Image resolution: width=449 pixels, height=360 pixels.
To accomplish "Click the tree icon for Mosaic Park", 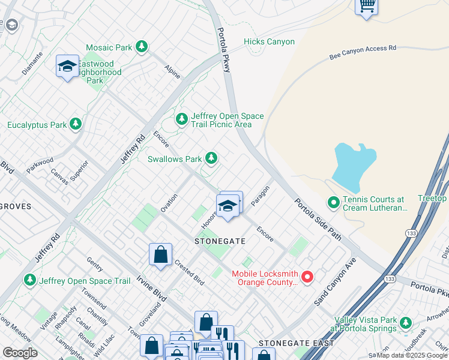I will pos(142,46).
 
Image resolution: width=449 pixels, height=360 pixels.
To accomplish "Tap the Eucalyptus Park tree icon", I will pos(75,124).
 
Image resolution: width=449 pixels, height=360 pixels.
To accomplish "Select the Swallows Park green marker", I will pos(211,158).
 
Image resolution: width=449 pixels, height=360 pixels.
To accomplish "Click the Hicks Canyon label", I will pos(269,42).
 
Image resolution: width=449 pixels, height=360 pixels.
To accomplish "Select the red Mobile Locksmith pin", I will pos(307,277).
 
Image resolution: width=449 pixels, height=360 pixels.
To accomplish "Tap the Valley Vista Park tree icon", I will pos(406,323).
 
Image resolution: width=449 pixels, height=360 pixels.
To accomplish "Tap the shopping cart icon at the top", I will pos(366,6).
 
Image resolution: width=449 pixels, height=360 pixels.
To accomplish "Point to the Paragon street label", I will pos(260,196).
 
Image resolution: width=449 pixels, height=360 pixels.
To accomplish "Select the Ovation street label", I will pos(169,202).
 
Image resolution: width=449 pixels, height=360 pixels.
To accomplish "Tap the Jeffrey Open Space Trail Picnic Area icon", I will pos(182,119).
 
